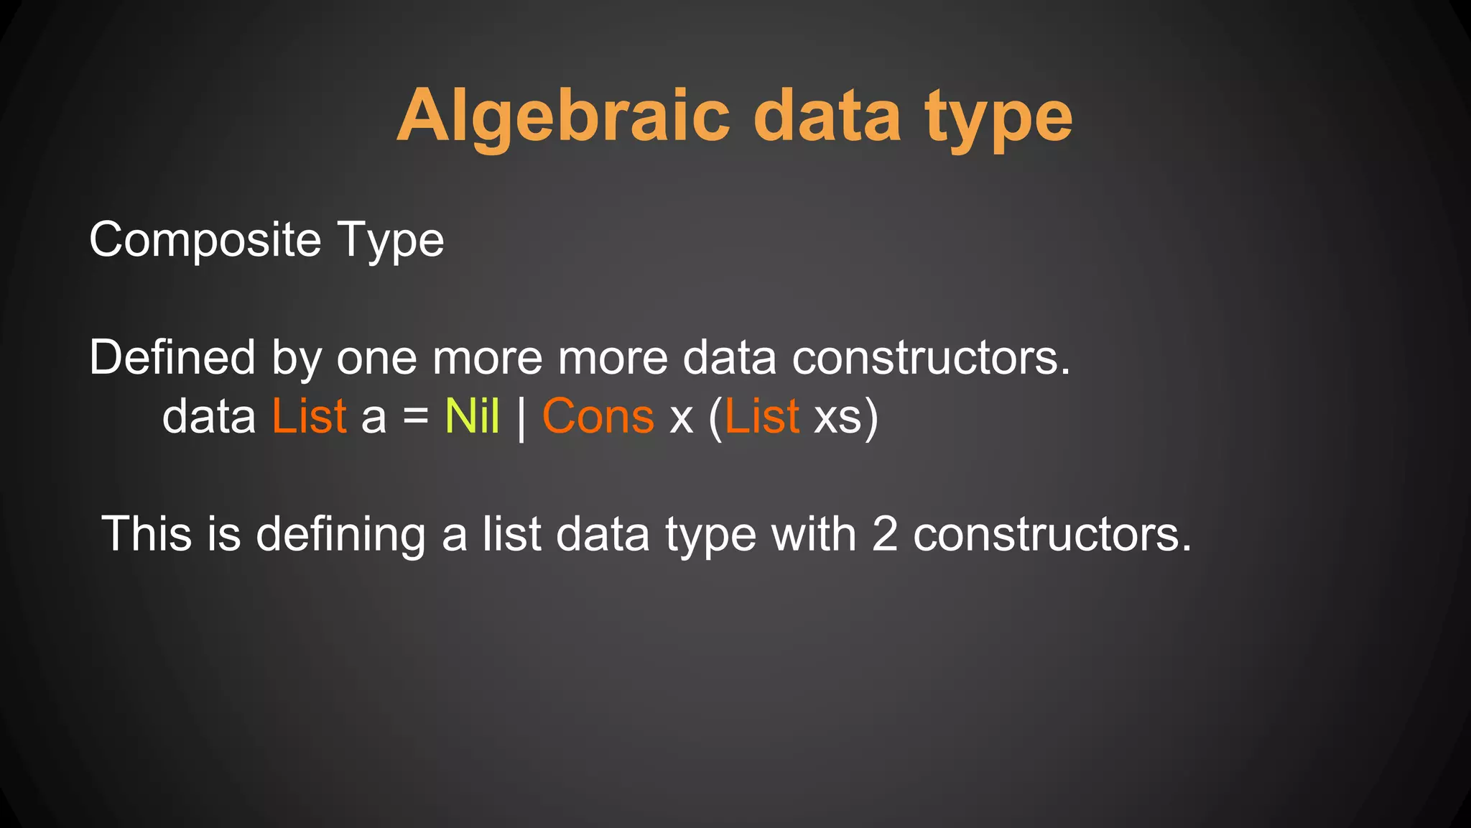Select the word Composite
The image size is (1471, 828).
[205, 240]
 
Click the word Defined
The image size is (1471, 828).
[172, 357]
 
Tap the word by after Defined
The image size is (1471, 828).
[296, 359]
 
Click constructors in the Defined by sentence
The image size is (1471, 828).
[931, 358]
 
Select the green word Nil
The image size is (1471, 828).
[472, 416]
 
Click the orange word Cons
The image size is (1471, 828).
[598, 417]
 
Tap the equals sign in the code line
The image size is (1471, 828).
[416, 417]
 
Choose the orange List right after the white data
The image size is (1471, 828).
[309, 416]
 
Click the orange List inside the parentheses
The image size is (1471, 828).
[762, 416]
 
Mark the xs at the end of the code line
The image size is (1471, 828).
[837, 418]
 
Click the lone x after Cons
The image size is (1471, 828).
[681, 420]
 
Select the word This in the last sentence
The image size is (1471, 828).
[147, 534]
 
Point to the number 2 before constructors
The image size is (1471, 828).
[884, 535]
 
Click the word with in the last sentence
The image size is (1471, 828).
[813, 534]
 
